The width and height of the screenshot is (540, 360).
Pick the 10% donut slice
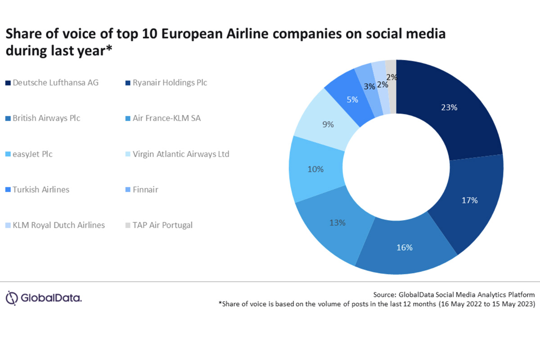[315, 170]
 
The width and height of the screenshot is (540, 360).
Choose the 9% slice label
[328, 124]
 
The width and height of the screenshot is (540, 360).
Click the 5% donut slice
[352, 99]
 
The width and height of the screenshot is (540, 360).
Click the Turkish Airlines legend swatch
[8, 189]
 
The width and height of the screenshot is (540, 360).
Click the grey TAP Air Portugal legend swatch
[127, 225]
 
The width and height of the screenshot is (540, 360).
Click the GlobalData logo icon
[12, 297]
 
